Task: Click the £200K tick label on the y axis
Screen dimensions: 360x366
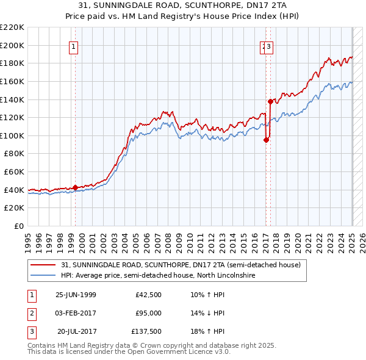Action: (x=12, y=45)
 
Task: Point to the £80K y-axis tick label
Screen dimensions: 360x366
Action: (x=14, y=154)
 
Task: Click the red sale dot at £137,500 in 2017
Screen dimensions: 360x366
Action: (x=270, y=101)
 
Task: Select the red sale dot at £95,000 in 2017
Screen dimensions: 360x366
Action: (x=266, y=140)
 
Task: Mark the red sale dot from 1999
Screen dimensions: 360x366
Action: (x=75, y=187)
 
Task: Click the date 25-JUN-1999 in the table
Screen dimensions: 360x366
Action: (x=76, y=295)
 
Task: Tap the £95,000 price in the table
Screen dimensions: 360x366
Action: (x=148, y=313)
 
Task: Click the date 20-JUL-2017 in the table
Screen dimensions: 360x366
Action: (x=77, y=331)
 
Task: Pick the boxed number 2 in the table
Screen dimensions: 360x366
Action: (x=31, y=313)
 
